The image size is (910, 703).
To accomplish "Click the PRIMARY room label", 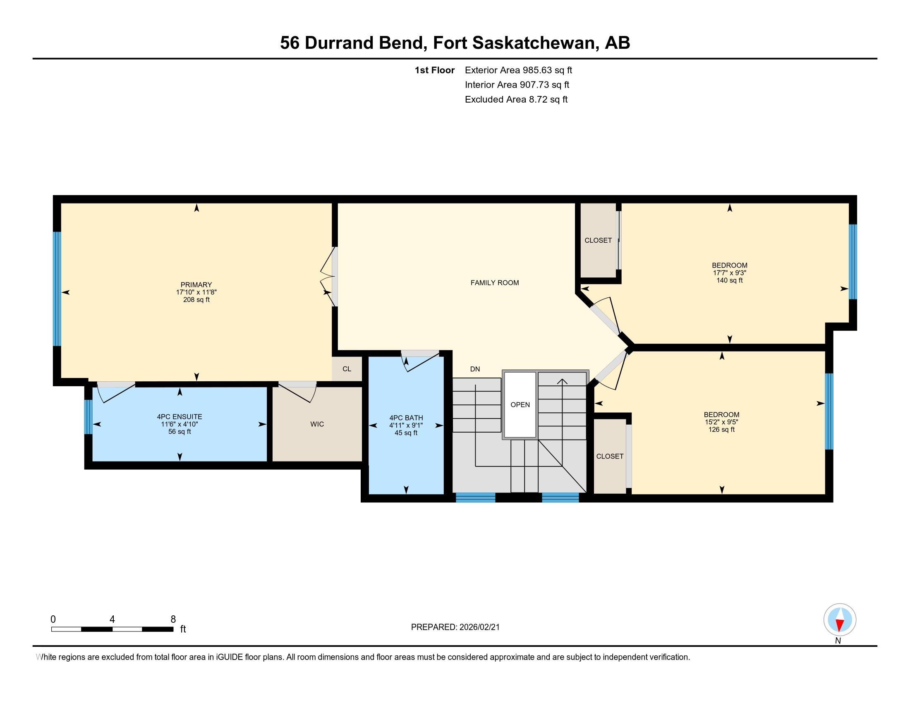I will pyautogui.click(x=196, y=285).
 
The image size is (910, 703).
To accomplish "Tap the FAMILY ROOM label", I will pyautogui.click(x=495, y=283).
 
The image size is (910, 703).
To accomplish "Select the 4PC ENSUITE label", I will pyautogui.click(x=179, y=416).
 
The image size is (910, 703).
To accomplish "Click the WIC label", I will pyautogui.click(x=317, y=424).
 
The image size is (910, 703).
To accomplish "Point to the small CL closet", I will pyautogui.click(x=347, y=369).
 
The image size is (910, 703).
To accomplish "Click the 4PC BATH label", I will pyautogui.click(x=406, y=418).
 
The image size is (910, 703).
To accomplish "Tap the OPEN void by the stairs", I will pyautogui.click(x=520, y=405).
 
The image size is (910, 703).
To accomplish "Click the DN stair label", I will pyautogui.click(x=474, y=369).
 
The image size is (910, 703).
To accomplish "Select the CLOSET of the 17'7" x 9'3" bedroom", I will pyautogui.click(x=598, y=240).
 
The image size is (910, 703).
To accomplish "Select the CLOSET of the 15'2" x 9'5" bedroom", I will pyautogui.click(x=610, y=456).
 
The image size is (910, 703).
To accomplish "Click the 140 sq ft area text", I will pyautogui.click(x=729, y=280).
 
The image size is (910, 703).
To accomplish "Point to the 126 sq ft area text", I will pyautogui.click(x=721, y=429).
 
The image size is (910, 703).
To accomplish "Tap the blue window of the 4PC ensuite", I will pyautogui.click(x=88, y=417).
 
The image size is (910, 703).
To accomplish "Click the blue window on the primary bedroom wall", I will pyautogui.click(x=57, y=289).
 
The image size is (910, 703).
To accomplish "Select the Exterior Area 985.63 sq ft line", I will pyautogui.click(x=518, y=70).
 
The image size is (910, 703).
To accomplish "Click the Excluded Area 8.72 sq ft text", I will pyautogui.click(x=516, y=99).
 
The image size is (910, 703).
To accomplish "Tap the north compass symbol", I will pyautogui.click(x=840, y=620).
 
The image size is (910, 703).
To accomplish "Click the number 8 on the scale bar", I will pyautogui.click(x=173, y=619).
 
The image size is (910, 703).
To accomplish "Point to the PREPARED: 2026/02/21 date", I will pyautogui.click(x=455, y=627).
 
